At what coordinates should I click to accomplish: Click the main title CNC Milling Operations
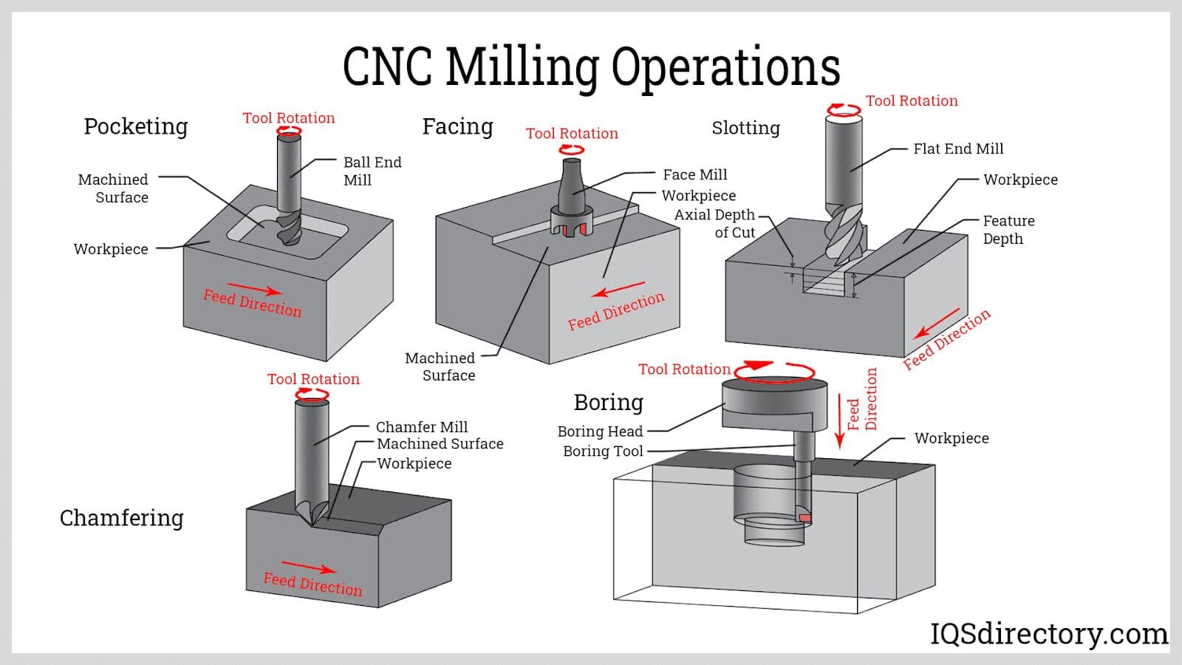(x=591, y=66)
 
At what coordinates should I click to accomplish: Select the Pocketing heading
(x=136, y=126)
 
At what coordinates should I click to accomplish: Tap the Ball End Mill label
(x=372, y=171)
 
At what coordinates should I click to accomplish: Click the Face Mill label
(x=694, y=174)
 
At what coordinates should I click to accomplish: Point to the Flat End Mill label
(x=958, y=149)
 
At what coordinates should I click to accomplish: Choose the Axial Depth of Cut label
(x=714, y=223)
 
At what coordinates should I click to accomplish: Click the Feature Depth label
(x=1008, y=229)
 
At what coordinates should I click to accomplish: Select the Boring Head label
(x=600, y=431)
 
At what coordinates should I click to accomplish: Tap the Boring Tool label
(x=603, y=451)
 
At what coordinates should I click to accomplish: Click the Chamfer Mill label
(x=421, y=426)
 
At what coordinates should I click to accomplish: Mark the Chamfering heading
(x=122, y=517)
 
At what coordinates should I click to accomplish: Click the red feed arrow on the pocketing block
(x=254, y=289)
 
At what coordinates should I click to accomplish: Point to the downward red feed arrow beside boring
(x=839, y=420)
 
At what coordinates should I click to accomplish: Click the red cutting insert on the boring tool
(x=804, y=518)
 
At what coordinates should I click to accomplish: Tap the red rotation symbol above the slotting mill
(x=844, y=111)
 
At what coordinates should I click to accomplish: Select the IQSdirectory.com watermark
(x=1048, y=633)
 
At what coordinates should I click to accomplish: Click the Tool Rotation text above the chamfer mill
(x=313, y=379)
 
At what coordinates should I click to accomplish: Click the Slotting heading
(x=745, y=128)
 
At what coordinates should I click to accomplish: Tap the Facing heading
(x=457, y=126)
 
